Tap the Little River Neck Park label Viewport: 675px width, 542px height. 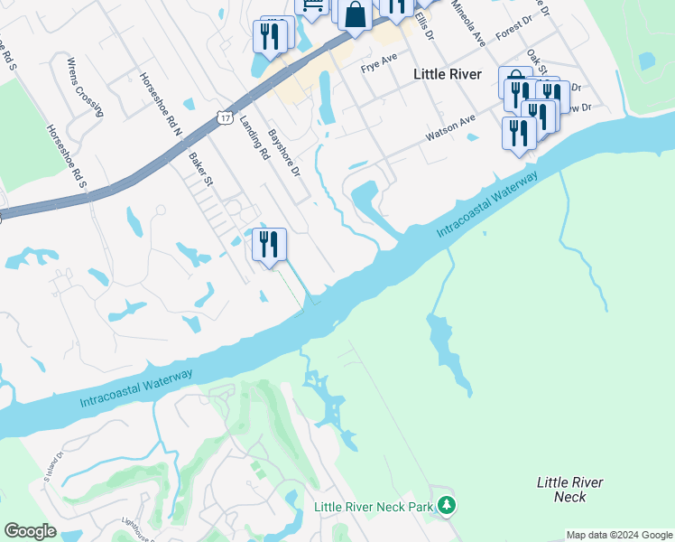click(374, 507)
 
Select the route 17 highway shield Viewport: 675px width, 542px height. click(224, 117)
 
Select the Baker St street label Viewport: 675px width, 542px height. click(200, 169)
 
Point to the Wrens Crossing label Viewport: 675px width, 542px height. click(85, 86)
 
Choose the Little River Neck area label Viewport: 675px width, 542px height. click(569, 490)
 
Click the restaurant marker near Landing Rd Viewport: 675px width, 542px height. click(269, 245)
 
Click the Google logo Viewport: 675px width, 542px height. click(30, 532)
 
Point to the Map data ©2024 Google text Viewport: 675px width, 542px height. click(619, 535)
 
